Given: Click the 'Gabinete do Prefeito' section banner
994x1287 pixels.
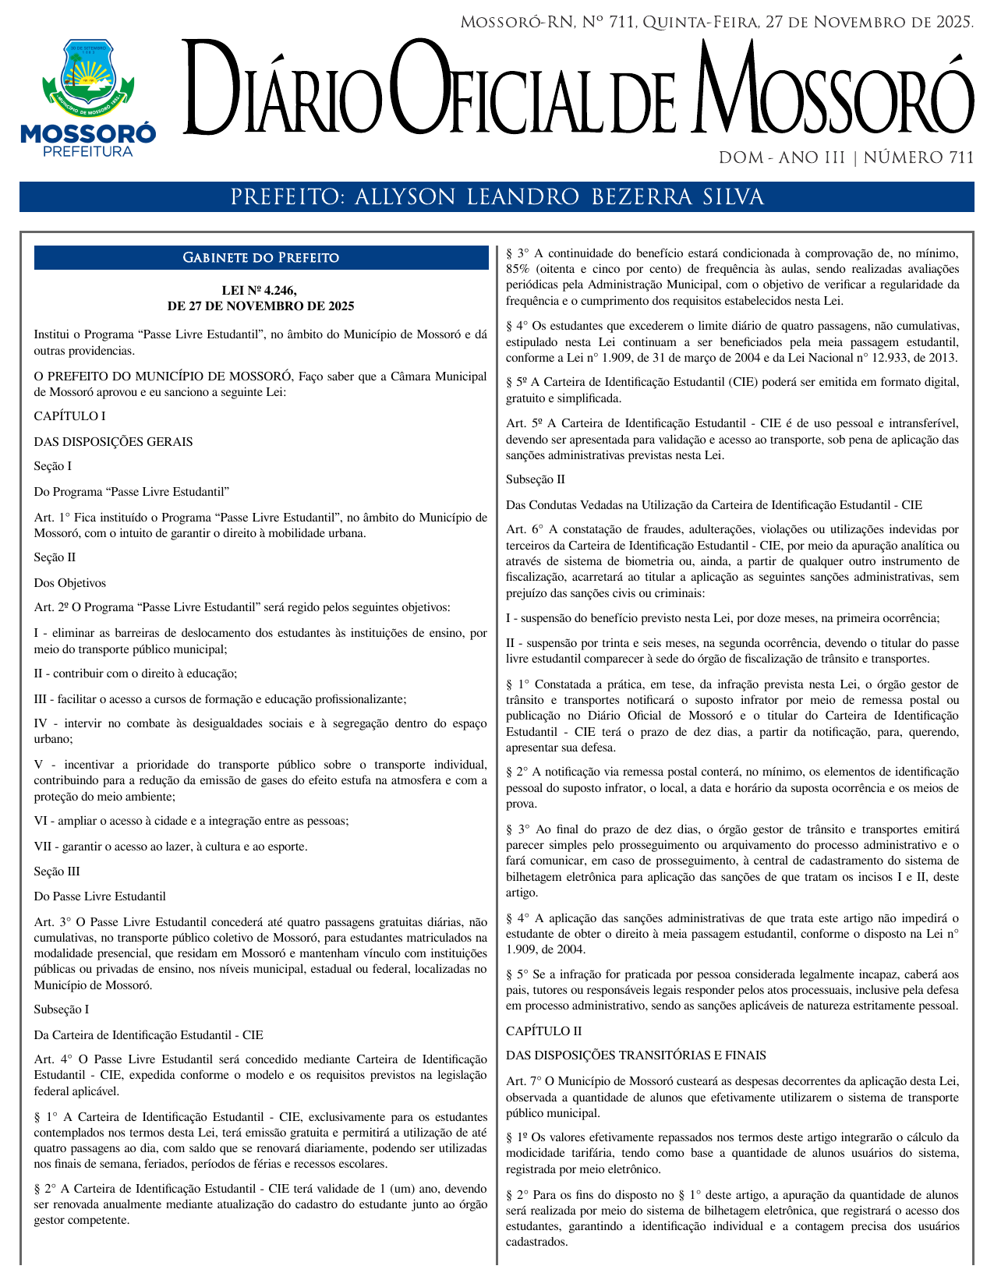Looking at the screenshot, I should (260, 258).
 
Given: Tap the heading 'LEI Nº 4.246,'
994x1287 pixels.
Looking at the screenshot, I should (260, 291).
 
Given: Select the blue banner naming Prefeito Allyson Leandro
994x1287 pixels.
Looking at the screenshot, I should (497, 197).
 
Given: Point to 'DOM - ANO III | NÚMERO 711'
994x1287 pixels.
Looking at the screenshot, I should (846, 158).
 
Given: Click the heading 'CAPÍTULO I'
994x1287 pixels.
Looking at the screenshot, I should (69, 416).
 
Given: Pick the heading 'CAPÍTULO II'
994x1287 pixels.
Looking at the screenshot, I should (543, 1031).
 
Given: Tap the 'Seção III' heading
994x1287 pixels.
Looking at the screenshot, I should (57, 872).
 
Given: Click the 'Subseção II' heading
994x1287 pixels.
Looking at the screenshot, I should (536, 479).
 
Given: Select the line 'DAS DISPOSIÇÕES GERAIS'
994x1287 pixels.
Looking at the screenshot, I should (113, 442).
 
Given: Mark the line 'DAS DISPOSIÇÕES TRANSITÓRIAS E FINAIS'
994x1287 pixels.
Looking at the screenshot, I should (636, 1055).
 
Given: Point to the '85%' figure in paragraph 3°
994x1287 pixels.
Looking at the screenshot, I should (518, 269).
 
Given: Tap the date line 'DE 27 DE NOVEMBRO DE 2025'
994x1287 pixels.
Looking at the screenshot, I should (260, 306).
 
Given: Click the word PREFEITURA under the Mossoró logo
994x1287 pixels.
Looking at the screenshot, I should (87, 151).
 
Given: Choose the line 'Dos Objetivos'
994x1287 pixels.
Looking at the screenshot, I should (69, 583).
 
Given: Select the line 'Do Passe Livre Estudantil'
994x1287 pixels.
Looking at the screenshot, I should (100, 896).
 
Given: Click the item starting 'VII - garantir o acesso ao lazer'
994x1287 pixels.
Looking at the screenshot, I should (171, 847).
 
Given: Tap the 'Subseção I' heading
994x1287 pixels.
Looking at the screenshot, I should (62, 1009).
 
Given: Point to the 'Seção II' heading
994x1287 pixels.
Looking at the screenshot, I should (55, 557).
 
